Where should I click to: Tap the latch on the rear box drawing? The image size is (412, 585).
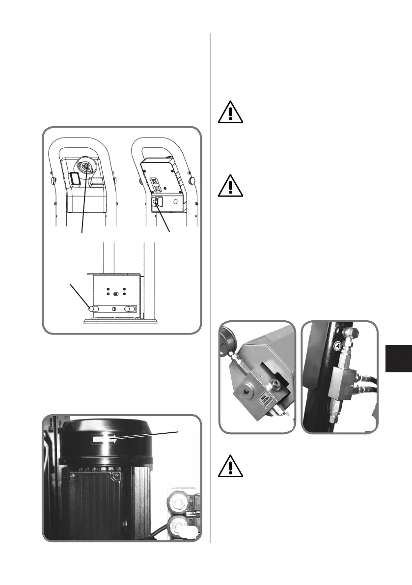click(x=158, y=200)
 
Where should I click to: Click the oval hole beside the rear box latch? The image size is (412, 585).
click(x=175, y=201)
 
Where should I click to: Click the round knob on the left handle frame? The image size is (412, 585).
click(x=53, y=183)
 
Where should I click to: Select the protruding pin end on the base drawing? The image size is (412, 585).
click(x=91, y=309)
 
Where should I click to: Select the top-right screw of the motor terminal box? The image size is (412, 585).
click(x=116, y=475)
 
